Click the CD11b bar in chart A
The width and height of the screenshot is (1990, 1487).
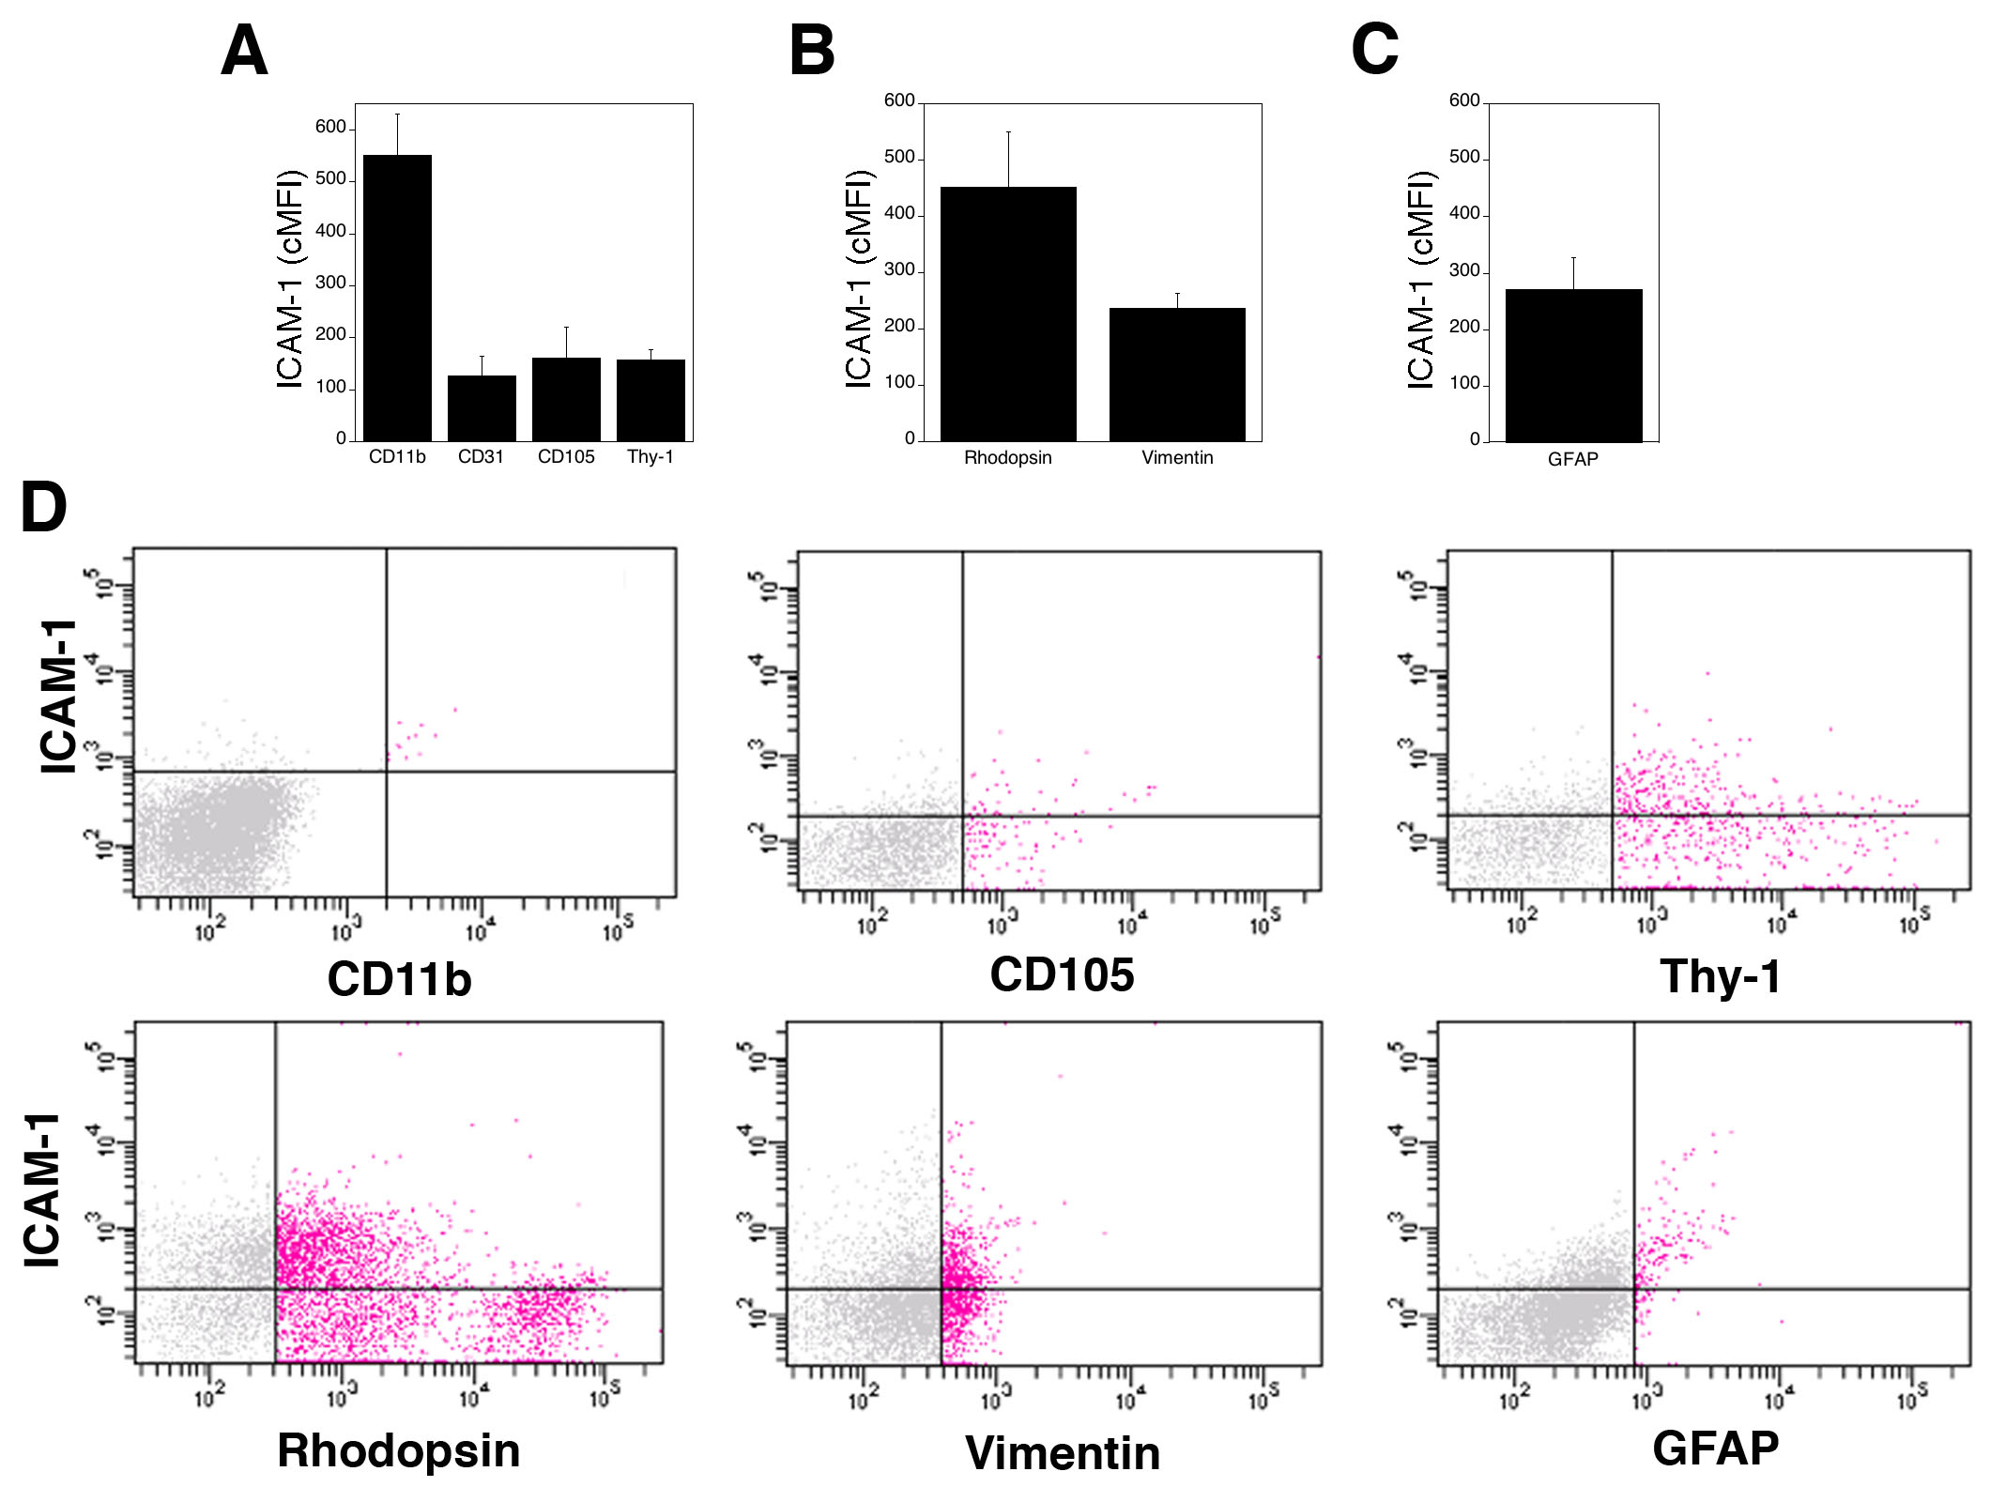[x=397, y=298]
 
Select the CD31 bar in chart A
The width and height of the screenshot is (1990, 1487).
[x=482, y=408]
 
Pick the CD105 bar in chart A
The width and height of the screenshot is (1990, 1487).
[x=566, y=399]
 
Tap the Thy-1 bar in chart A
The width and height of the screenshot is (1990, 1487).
[x=651, y=400]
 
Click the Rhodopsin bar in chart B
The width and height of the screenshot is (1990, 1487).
[x=1008, y=314]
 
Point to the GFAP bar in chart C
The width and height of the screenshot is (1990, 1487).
[x=1573, y=365]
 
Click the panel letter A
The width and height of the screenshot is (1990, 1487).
[x=244, y=51]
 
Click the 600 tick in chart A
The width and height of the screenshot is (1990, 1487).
[x=330, y=127]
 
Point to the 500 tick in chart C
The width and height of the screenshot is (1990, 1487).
[x=1464, y=157]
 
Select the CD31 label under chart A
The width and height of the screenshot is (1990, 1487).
[x=481, y=457]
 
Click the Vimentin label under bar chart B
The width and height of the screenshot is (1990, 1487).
[x=1177, y=458]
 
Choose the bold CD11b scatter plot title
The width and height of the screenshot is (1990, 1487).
[x=399, y=979]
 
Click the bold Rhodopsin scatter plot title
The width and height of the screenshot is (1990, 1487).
[x=398, y=1450]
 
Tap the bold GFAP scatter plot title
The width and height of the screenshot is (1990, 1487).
[x=1715, y=1448]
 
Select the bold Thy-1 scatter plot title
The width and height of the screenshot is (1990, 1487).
[x=1720, y=976]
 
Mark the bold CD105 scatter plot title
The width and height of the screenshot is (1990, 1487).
[x=1062, y=974]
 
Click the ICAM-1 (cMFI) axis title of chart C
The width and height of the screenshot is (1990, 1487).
[x=1421, y=280]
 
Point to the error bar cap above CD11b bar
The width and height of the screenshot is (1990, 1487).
[x=397, y=115]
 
